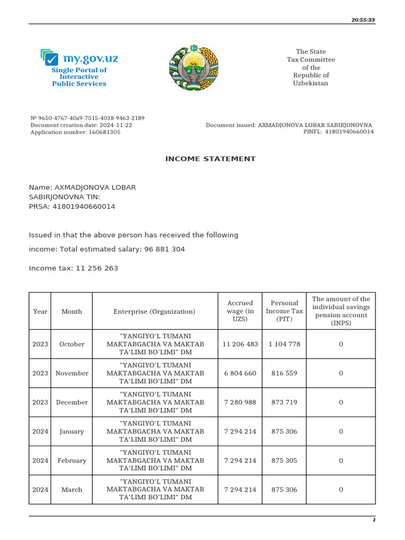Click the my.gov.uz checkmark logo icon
point(50,57)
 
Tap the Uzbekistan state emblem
point(192,67)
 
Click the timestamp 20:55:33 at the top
point(363,20)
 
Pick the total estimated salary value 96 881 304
point(165,249)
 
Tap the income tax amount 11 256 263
point(97,268)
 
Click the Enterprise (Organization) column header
point(155,312)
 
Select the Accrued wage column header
point(240,311)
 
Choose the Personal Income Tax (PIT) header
point(284,311)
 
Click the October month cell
point(72,344)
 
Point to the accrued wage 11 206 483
point(240,344)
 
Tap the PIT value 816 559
point(284,373)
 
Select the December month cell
point(72,402)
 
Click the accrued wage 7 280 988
point(240,402)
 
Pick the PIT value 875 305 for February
point(284,460)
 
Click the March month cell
point(72,490)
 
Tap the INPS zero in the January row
point(341,431)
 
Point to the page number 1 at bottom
point(374,520)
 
